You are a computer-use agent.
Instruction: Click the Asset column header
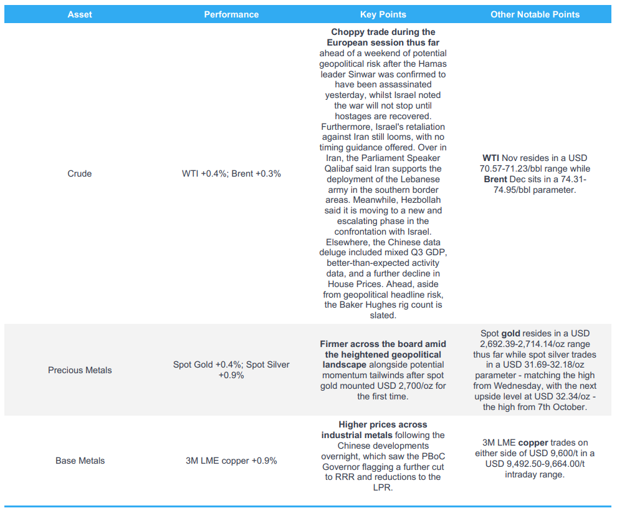coord(79,14)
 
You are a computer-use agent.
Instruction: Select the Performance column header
coord(231,14)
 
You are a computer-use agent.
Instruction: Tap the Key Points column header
coord(383,14)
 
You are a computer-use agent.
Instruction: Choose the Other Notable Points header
coord(535,14)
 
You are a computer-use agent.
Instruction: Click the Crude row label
coord(79,173)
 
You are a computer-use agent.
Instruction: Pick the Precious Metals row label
coord(80,370)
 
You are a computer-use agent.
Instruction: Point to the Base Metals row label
coord(80,461)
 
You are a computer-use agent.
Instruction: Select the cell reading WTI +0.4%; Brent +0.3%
coord(231,173)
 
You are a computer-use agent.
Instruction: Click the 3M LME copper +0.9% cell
coord(231,461)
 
